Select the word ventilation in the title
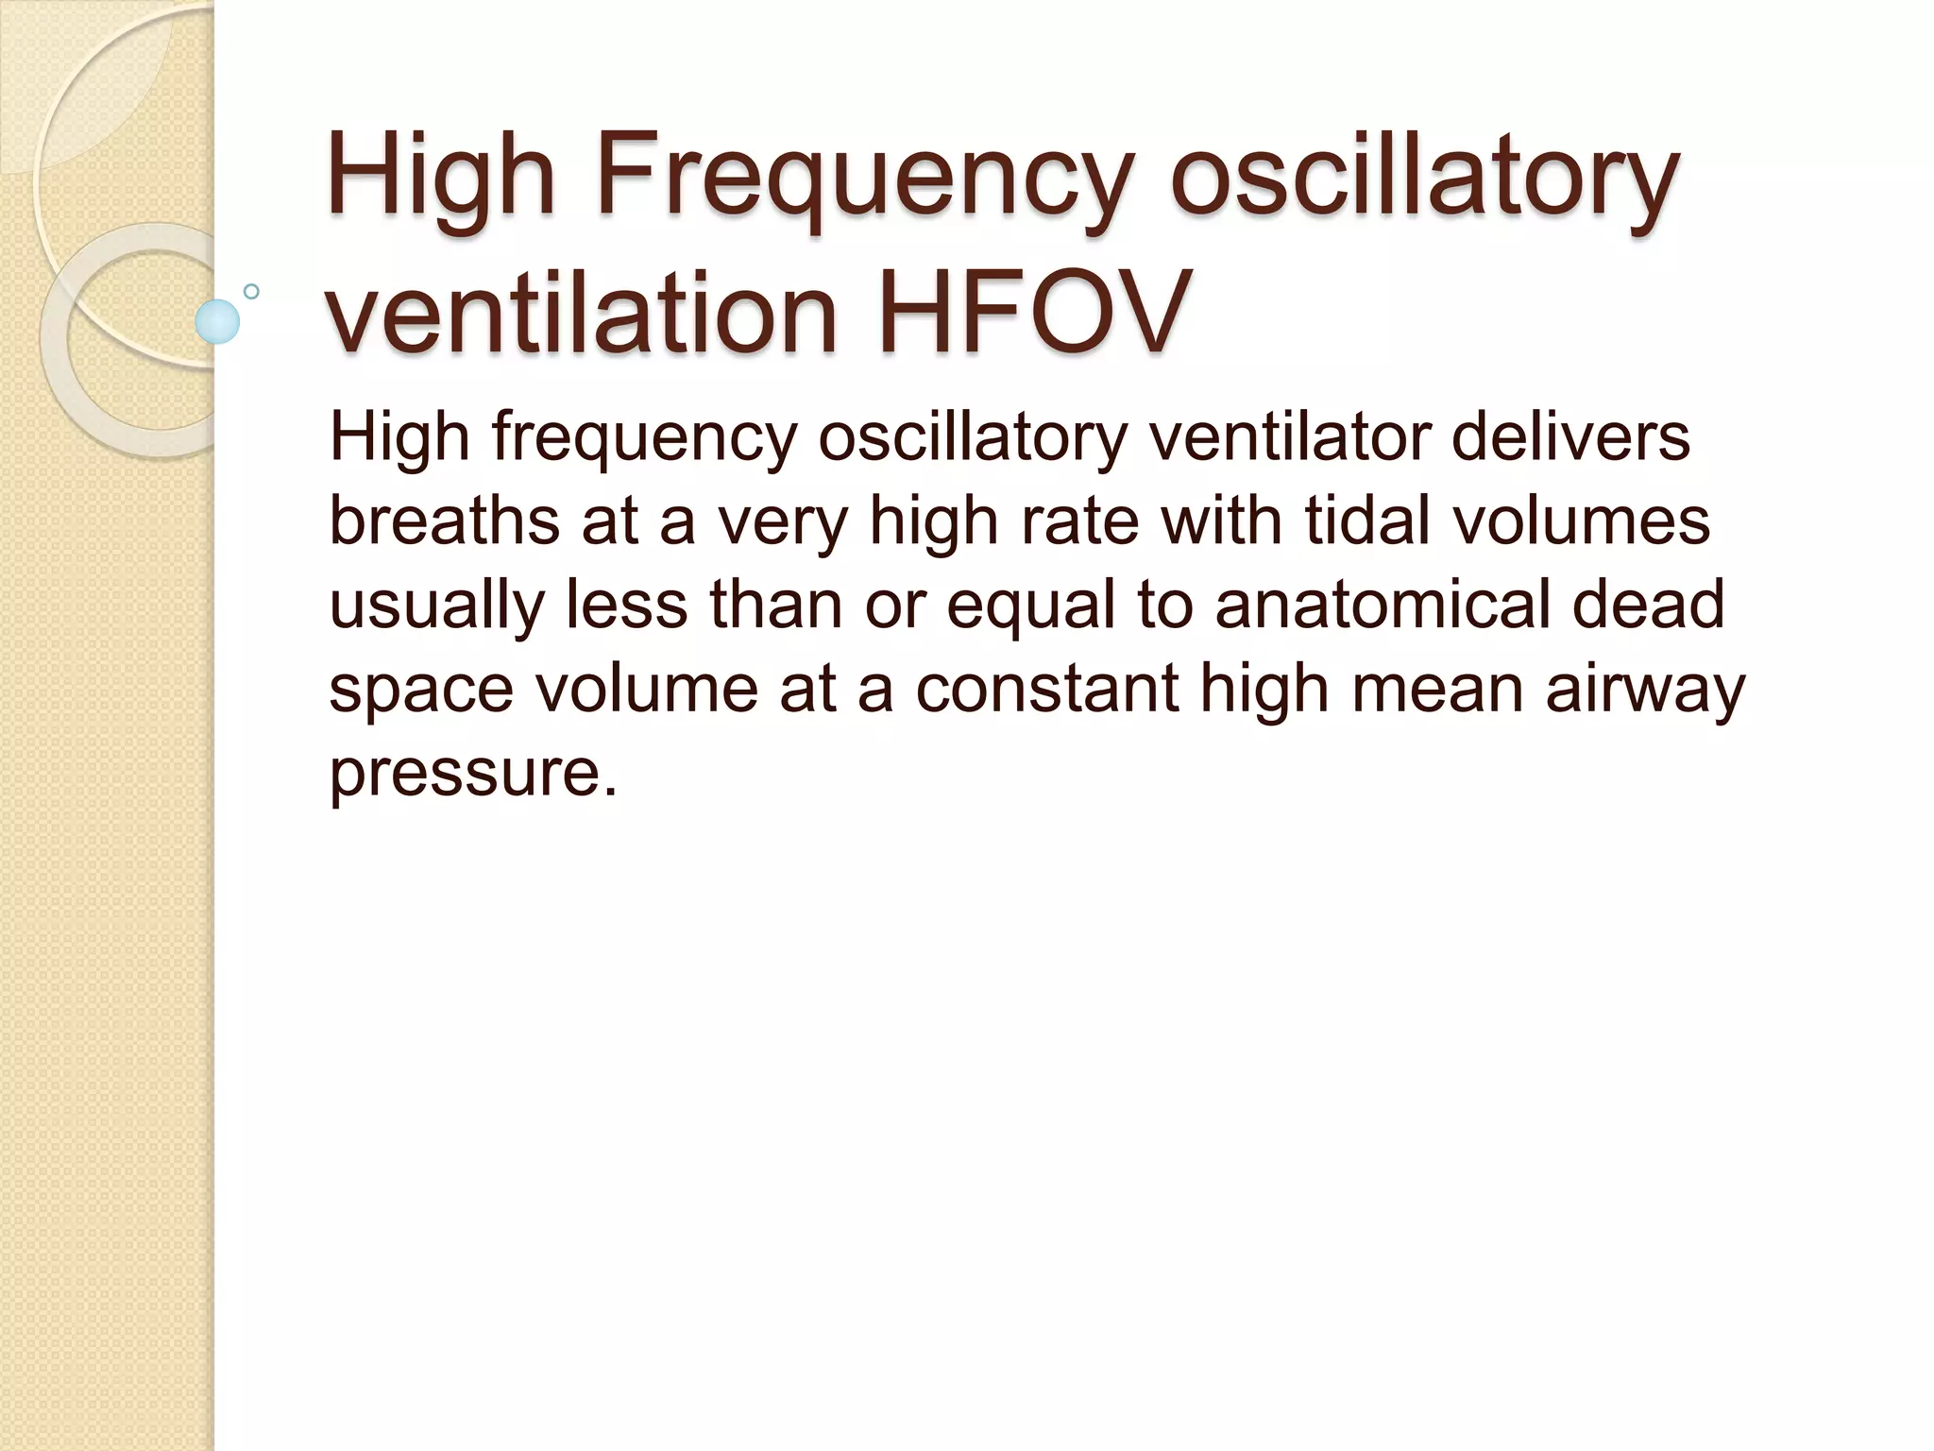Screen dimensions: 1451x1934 [x=582, y=312]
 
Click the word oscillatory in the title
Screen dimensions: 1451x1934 [x=1424, y=179]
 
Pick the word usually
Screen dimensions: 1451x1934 [x=436, y=605]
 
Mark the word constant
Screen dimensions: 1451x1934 [x=1046, y=688]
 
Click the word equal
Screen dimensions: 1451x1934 [x=1031, y=606]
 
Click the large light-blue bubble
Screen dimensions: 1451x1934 [x=217, y=321]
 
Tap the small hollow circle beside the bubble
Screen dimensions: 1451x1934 [x=251, y=292]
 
